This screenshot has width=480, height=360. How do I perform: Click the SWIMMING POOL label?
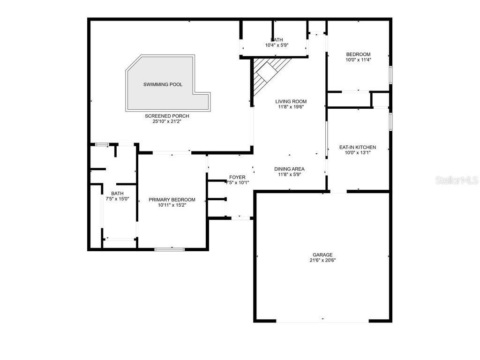tap(163, 84)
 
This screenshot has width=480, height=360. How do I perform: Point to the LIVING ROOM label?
tap(291, 101)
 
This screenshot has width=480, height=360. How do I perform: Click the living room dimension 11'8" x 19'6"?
tap(291, 107)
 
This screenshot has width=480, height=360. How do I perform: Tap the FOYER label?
tap(237, 177)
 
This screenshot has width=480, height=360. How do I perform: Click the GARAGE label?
tap(322, 255)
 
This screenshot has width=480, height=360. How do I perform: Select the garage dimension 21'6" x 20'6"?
tap(322, 260)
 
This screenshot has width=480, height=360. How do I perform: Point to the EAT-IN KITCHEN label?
tap(358, 147)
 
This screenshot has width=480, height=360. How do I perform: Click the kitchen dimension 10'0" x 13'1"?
tap(358, 153)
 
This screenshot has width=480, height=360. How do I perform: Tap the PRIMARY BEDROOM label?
tap(172, 200)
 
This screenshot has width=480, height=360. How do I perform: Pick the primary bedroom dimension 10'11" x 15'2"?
tap(172, 205)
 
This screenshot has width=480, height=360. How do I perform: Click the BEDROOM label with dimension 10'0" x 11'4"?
tap(358, 54)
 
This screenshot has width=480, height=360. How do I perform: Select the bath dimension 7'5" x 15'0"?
tap(117, 199)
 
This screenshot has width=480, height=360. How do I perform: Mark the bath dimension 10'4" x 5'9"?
tap(277, 45)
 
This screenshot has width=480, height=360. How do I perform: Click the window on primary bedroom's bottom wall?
tap(170, 249)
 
